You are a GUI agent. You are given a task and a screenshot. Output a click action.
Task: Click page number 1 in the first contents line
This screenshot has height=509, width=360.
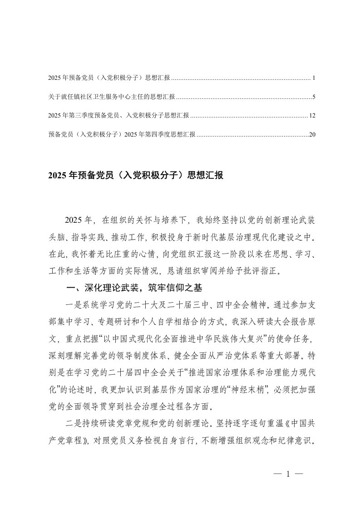click(314, 78)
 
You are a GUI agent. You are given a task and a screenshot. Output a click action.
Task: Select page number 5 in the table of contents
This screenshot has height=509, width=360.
click(314, 97)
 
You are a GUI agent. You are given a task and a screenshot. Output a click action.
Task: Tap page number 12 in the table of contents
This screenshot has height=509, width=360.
click(311, 116)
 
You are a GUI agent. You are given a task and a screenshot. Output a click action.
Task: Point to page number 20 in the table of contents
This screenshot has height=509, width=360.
click(311, 134)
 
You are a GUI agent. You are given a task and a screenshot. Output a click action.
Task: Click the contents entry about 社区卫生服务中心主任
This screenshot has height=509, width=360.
click(111, 97)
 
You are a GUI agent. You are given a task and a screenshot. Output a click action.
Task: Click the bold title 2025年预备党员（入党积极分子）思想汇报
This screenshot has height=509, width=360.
click(135, 176)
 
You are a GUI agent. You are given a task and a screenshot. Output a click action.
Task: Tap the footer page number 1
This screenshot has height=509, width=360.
click(288, 475)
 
